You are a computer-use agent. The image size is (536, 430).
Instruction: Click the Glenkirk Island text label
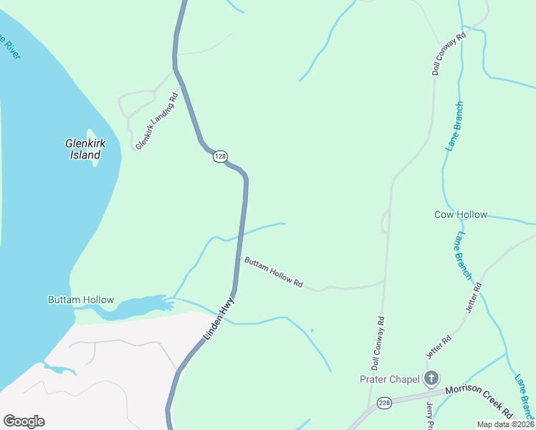pyautogui.click(x=85, y=149)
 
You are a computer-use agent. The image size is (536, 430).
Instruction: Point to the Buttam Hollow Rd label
pyautogui.click(x=273, y=273)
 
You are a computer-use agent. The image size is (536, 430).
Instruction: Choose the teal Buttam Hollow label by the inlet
pyautogui.click(x=80, y=300)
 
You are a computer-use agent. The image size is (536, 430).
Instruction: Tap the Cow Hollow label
pyautogui.click(x=461, y=214)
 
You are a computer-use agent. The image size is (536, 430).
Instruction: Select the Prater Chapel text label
pyautogui.click(x=388, y=378)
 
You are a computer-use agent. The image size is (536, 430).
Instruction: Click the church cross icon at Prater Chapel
pyautogui.click(x=431, y=378)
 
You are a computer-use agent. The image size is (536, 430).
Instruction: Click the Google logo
pyautogui.click(x=24, y=421)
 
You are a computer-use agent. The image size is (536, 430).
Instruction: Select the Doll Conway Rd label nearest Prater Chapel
pyautogui.click(x=378, y=343)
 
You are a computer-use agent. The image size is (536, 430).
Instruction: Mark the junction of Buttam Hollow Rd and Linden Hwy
pyautogui.click(x=238, y=258)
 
